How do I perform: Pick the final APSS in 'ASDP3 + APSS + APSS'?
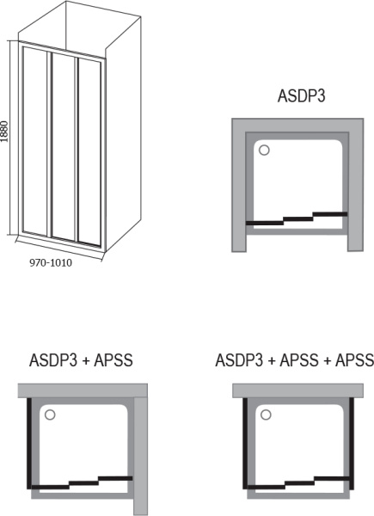[x=353, y=359]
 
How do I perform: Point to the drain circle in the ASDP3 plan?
[x=264, y=150]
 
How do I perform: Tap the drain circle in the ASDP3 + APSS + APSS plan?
[x=266, y=415]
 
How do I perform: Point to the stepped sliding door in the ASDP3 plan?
[x=297, y=218]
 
